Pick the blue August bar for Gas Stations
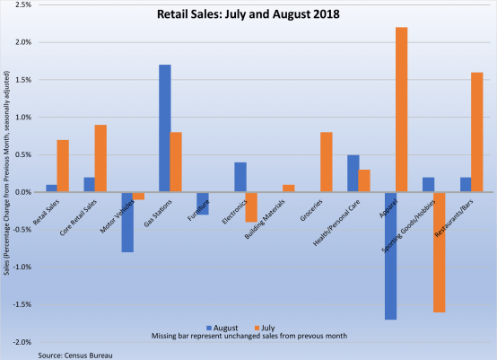tap(164, 128)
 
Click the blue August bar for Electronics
tap(240, 177)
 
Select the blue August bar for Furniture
tap(202, 203)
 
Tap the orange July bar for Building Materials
tap(288, 189)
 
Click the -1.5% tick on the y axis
tap(22, 304)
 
